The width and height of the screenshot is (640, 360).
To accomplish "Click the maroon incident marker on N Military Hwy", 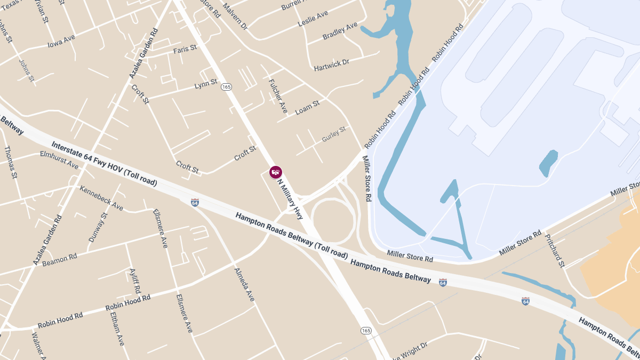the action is pyautogui.click(x=276, y=172).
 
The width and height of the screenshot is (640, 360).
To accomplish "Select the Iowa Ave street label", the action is pyautogui.click(x=61, y=41).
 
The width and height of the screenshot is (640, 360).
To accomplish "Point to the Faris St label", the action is pyautogui.click(x=185, y=50).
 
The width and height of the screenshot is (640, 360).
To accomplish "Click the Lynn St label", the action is pyautogui.click(x=206, y=84).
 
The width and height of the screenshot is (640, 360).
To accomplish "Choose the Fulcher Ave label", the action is pyautogui.click(x=278, y=96).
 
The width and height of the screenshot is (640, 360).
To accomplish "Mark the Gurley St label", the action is pyautogui.click(x=334, y=134).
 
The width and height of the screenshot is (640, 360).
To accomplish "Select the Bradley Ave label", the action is pyautogui.click(x=340, y=31).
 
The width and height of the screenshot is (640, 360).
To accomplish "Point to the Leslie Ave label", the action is pyautogui.click(x=313, y=17).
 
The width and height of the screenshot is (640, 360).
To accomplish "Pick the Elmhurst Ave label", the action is pyautogui.click(x=59, y=160).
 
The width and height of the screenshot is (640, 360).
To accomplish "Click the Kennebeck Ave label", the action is pyautogui.click(x=101, y=197).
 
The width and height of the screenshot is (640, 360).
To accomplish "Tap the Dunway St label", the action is pyautogui.click(x=98, y=227).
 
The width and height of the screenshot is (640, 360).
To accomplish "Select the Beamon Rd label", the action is pyautogui.click(x=59, y=259).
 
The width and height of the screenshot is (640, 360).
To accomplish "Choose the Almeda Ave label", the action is pyautogui.click(x=245, y=284).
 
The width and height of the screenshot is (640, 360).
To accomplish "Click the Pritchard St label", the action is pyautogui.click(x=555, y=249).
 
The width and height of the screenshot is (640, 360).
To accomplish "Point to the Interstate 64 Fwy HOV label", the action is pyautogui.click(x=104, y=164).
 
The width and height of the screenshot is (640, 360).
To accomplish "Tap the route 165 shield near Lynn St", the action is pyautogui.click(x=226, y=86).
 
